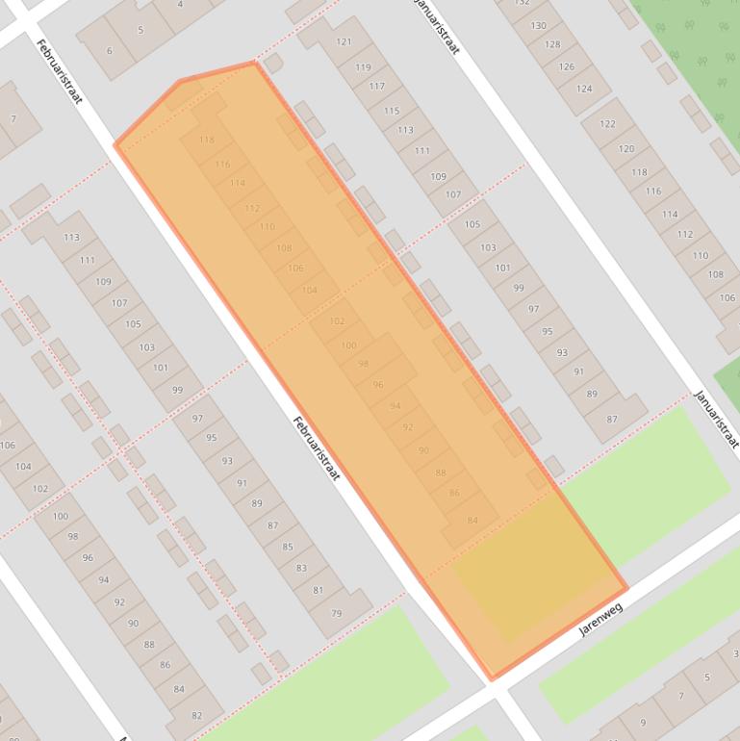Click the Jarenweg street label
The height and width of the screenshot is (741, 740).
coord(601,621)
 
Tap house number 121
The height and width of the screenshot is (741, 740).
coord(344,42)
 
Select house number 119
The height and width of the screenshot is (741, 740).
coord(363,67)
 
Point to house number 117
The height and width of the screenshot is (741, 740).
coord(376,87)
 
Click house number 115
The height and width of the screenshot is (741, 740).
coord(392,111)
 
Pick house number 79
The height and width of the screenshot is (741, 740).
coord(336,613)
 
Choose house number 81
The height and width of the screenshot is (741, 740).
coord(318,590)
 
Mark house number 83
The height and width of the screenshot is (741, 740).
coord(302,568)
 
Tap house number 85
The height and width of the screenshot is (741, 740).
coord(287,547)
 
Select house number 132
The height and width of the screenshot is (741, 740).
coord(523,3)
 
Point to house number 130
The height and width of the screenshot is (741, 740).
coord(538,25)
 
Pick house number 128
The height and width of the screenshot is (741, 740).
coord(552,45)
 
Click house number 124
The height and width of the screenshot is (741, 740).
coord(584,89)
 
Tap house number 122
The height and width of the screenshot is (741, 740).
coord(607,124)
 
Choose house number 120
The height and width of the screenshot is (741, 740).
coord(626,149)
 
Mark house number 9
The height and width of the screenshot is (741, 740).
coord(643,722)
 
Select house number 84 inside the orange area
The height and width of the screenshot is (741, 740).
coord(472,521)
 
